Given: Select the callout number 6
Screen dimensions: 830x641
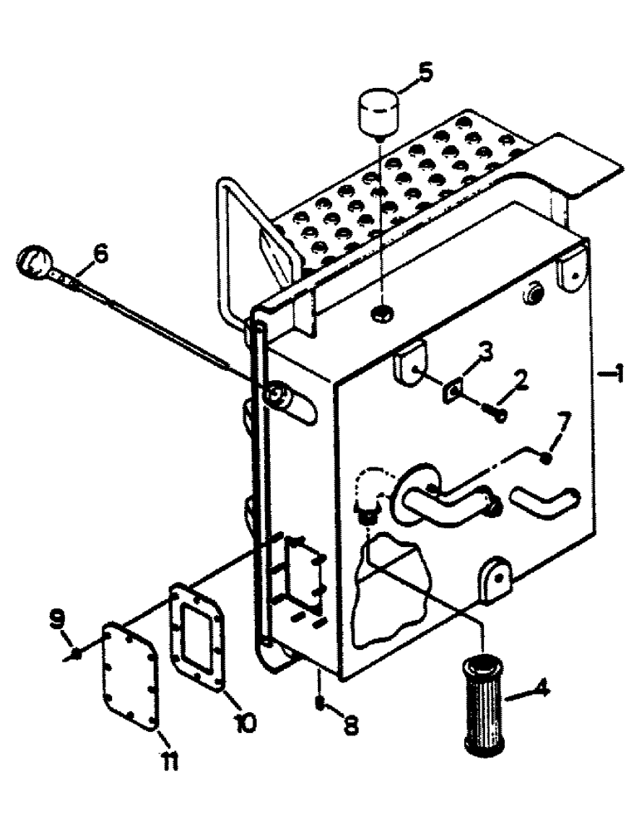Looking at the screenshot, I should pyautogui.click(x=100, y=255).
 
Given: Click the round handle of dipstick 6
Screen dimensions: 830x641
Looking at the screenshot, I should pyautogui.click(x=31, y=262).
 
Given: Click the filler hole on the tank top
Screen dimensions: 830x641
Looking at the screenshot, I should pyautogui.click(x=381, y=312).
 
